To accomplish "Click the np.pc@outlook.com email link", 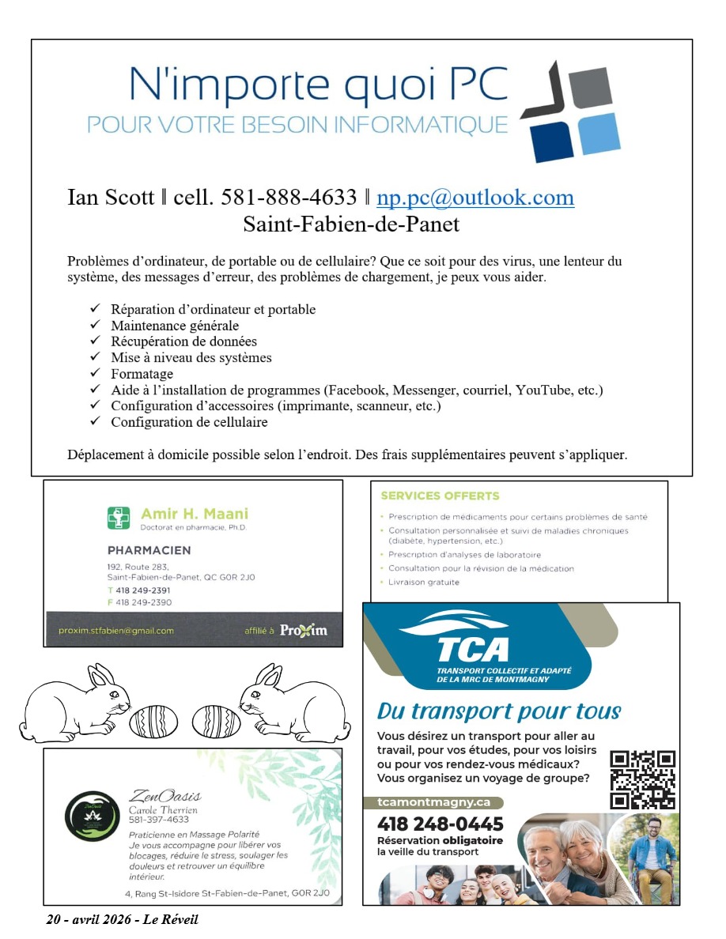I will coord(475,197).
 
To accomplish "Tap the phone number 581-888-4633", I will coord(291,197).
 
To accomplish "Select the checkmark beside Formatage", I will coord(95,373).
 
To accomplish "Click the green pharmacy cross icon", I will coord(119,518).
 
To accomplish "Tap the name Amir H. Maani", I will coord(194,514).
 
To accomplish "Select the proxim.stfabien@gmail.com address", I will coord(116,631).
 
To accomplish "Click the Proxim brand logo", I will coord(303,630).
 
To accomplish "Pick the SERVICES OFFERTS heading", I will coord(440,496).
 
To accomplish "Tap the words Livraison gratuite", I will coord(424,583).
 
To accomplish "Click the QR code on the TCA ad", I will coord(643,779).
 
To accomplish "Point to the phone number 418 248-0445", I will coord(440,824).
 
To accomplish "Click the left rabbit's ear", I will coord(99,677).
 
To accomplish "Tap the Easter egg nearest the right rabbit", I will coord(217,721).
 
